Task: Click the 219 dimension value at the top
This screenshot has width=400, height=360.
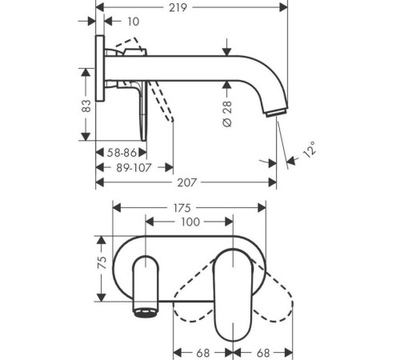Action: tap(178, 8)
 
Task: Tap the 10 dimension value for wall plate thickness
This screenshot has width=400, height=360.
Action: tap(134, 22)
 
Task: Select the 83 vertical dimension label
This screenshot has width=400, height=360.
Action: tap(86, 106)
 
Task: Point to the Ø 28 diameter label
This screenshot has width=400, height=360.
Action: tap(227, 114)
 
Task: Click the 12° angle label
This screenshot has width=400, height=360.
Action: tap(310, 150)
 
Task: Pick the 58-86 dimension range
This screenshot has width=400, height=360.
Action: tap(122, 153)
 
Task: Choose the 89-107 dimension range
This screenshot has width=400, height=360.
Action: tap(134, 168)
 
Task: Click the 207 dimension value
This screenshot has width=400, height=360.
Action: tap(187, 182)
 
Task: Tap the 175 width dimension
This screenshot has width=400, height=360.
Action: tap(182, 208)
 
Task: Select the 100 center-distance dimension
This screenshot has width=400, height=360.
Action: tap(190, 222)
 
